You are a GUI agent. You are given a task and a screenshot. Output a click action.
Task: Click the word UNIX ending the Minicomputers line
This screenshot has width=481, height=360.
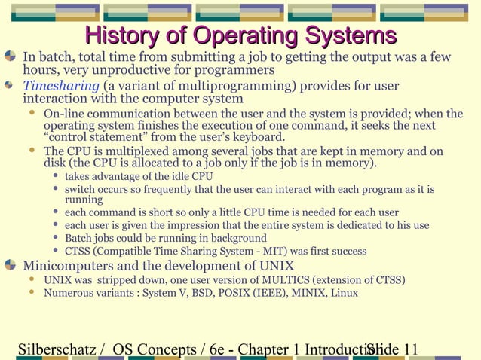coord(275,266)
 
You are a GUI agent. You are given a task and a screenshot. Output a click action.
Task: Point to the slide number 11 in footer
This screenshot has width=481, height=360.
coord(410,349)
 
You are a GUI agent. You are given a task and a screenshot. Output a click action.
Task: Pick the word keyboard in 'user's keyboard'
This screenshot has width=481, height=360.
coord(259,137)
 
